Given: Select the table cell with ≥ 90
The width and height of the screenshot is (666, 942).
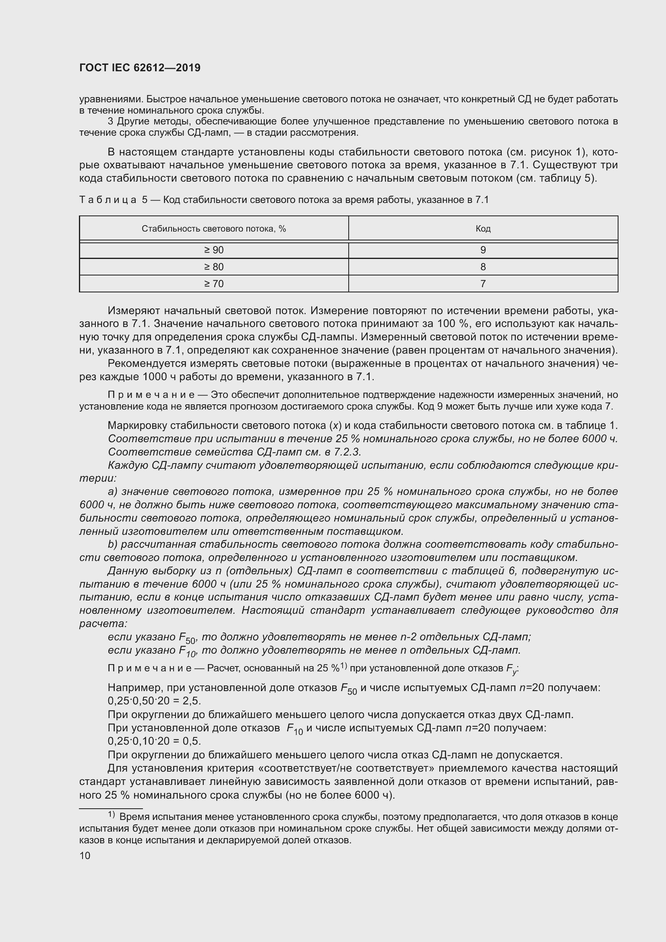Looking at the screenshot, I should pyautogui.click(x=214, y=250).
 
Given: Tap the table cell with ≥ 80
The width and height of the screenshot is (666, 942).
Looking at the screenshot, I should pyautogui.click(x=214, y=267).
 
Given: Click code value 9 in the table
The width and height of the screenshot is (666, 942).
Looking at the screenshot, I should pyautogui.click(x=483, y=250).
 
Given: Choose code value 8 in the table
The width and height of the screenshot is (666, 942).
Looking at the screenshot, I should pyautogui.click(x=483, y=267).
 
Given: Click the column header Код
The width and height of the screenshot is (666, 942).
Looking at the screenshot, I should pyautogui.click(x=483, y=229).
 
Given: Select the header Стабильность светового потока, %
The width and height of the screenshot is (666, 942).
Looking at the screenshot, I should pyautogui.click(x=214, y=229).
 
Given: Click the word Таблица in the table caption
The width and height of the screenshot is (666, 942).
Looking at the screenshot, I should pyautogui.click(x=108, y=200).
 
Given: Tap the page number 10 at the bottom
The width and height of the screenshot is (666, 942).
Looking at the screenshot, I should pyautogui.click(x=85, y=856).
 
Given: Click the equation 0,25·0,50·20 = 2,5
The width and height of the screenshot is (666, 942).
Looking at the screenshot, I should pyautogui.click(x=154, y=700).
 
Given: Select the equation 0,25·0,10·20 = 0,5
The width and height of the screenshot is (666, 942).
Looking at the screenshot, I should pyautogui.click(x=154, y=741).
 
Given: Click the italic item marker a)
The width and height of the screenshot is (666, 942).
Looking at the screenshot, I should pyautogui.click(x=113, y=491).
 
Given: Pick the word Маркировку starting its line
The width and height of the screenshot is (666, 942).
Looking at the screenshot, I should pyautogui.click(x=137, y=425).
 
